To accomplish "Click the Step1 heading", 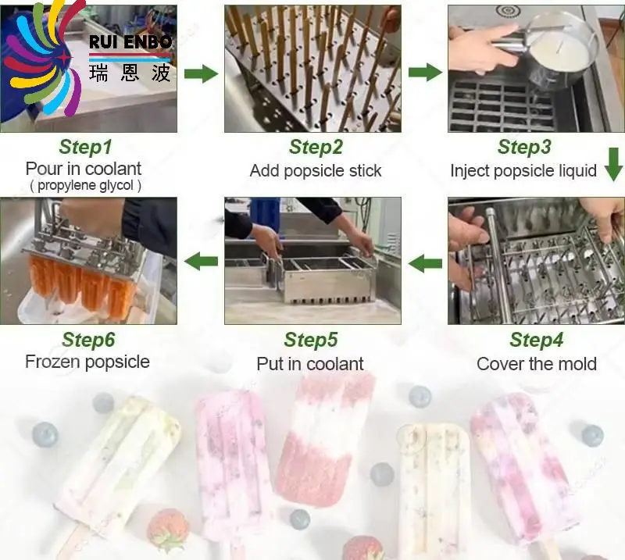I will click(x=86, y=147).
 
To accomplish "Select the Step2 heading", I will click(x=316, y=147).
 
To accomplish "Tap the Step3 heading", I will click(x=524, y=147).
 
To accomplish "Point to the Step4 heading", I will click(x=536, y=340).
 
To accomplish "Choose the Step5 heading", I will click(x=310, y=340).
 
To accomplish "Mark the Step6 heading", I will click(x=88, y=340).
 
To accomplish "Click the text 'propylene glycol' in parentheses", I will click(x=85, y=186).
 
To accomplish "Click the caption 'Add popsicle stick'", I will click(x=316, y=170).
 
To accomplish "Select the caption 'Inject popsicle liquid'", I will click(x=523, y=170).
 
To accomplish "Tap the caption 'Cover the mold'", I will click(x=536, y=363).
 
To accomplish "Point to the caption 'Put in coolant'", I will click(x=310, y=363).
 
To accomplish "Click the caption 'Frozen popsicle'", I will click(x=87, y=362).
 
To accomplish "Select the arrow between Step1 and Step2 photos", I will click(x=201, y=74).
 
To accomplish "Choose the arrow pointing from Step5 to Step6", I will click(x=201, y=261).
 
